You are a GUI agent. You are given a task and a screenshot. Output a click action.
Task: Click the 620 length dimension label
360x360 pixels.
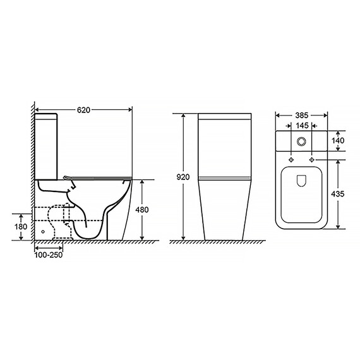[83, 110]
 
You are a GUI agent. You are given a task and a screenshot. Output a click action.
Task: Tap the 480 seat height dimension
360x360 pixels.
[142, 210]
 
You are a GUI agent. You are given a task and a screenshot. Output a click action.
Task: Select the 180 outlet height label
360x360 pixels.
[21, 227]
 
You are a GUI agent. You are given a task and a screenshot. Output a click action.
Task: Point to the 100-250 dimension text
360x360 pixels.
[49, 255]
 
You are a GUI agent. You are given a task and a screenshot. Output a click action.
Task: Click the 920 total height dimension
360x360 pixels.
[183, 177]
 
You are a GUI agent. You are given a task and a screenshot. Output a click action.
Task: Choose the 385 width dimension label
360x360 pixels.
[302, 115]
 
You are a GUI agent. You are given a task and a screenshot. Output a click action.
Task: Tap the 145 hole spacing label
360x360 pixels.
[302, 126]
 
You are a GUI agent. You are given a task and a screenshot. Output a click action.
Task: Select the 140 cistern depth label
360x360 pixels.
[338, 140]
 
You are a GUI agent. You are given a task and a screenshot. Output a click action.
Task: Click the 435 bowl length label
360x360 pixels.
[338, 194]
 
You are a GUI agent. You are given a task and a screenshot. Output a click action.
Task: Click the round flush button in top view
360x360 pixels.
[301, 141]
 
